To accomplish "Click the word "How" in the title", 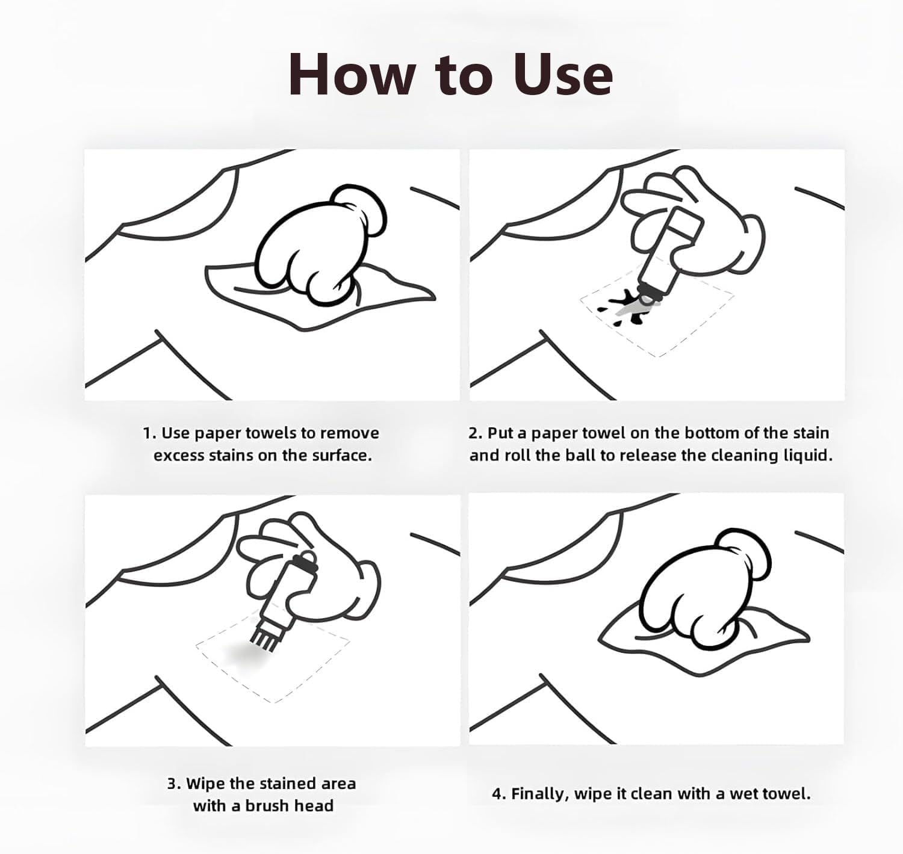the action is pos(352,75).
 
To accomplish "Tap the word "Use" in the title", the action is pos(563,75).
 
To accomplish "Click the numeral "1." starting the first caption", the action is pos(150,433).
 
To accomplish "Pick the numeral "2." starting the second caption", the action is pos(476,433).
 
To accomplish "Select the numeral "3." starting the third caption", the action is pos(173,784).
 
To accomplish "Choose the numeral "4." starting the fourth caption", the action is pos(499,793).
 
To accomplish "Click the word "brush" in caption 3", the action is pos(266,806).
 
